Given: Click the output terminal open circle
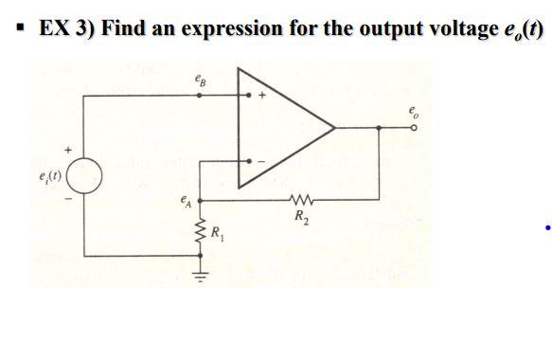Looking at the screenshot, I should [414, 127].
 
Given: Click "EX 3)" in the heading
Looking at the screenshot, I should [64, 27].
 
